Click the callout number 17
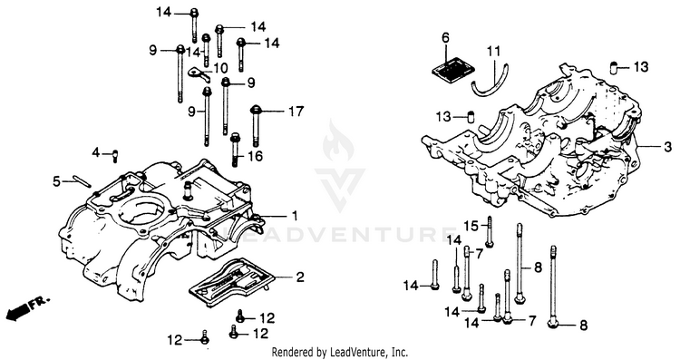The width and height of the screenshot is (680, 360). [296, 112]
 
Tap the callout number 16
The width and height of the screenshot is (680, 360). [256, 156]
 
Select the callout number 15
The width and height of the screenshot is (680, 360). [471, 226]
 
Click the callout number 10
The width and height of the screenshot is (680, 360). [220, 68]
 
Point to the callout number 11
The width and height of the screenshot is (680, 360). [493, 52]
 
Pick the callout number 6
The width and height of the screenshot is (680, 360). [446, 38]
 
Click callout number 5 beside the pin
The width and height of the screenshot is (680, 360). [57, 181]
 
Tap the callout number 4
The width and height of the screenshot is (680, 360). [96, 152]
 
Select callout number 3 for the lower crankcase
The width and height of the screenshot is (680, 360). [667, 147]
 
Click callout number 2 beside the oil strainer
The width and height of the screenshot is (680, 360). [300, 277]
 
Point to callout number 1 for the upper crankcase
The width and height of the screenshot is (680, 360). [295, 216]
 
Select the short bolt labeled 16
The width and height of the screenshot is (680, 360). [235, 150]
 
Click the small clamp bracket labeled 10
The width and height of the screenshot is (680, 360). [199, 73]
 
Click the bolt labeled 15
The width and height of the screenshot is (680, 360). [490, 231]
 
